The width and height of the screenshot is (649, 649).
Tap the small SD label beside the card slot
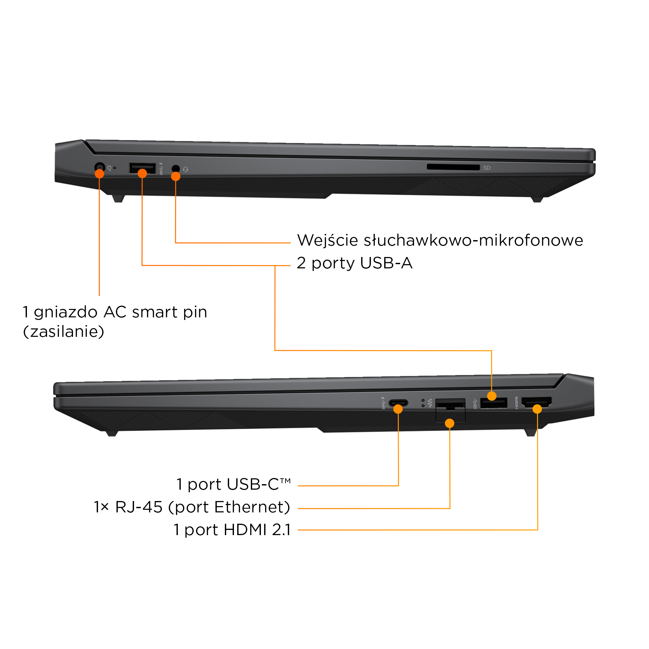487,168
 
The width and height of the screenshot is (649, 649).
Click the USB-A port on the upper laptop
142,167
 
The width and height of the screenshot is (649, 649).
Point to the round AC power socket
99,167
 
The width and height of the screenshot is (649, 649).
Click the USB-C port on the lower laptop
398,403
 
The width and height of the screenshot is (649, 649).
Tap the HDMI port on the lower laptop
536,402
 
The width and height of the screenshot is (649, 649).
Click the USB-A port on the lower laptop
494,403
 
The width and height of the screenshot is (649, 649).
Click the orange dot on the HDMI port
537,409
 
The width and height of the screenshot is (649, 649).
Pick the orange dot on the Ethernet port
449,423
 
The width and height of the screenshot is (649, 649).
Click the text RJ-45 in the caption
139,507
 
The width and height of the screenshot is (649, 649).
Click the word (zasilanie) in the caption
64,332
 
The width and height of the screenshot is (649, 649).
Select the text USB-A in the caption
386,263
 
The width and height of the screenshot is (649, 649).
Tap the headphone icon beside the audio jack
186,170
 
